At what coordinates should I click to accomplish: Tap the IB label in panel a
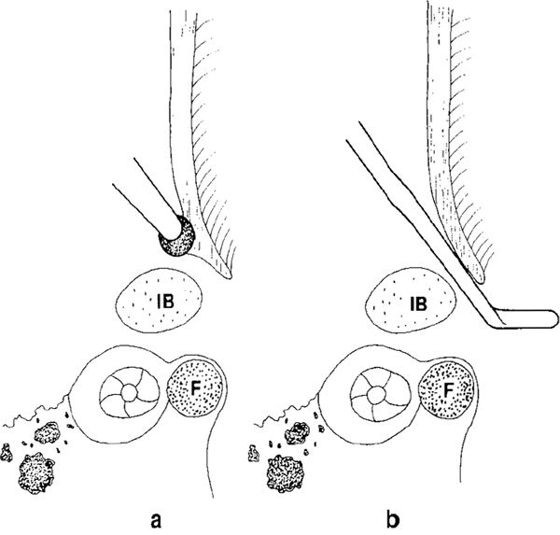(160, 303)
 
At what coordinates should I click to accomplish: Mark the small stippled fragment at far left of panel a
(7, 453)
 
